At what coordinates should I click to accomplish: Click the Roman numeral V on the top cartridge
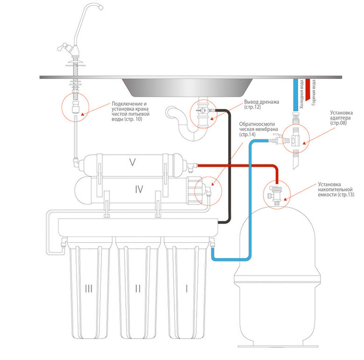(x=132, y=162)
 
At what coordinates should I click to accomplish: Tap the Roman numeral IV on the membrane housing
(x=139, y=189)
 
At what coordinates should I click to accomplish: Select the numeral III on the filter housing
(x=89, y=289)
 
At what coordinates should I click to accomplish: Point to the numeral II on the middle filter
(x=138, y=289)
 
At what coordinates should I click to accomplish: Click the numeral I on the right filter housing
(x=187, y=289)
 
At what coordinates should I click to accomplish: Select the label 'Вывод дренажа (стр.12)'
(x=261, y=105)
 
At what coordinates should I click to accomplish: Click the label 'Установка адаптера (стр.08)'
(x=341, y=118)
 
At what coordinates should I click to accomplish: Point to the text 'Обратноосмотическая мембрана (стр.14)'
(x=258, y=129)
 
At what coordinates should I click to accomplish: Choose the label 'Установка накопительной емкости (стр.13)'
(x=336, y=190)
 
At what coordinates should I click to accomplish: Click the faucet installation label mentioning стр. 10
(x=130, y=111)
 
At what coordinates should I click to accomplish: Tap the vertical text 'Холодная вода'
(x=301, y=94)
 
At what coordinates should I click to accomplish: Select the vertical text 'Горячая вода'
(x=314, y=92)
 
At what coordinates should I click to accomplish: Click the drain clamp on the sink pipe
(x=202, y=111)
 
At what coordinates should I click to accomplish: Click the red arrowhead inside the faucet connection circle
(x=82, y=114)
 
